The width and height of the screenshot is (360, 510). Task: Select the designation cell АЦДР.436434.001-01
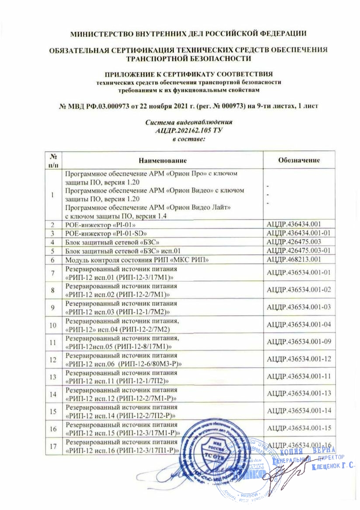[x=298, y=232]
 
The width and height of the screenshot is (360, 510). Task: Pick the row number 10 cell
[x=52, y=325]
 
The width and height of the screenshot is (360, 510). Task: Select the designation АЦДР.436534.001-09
[x=298, y=342]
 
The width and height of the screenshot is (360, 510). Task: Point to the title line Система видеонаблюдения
[x=189, y=122]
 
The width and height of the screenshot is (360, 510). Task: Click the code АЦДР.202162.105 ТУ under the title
[x=189, y=130]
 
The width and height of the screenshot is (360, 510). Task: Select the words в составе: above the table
[x=189, y=138]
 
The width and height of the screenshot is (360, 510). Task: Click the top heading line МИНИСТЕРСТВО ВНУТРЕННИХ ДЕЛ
[x=189, y=33]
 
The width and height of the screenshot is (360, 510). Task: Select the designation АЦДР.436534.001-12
[x=298, y=360]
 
